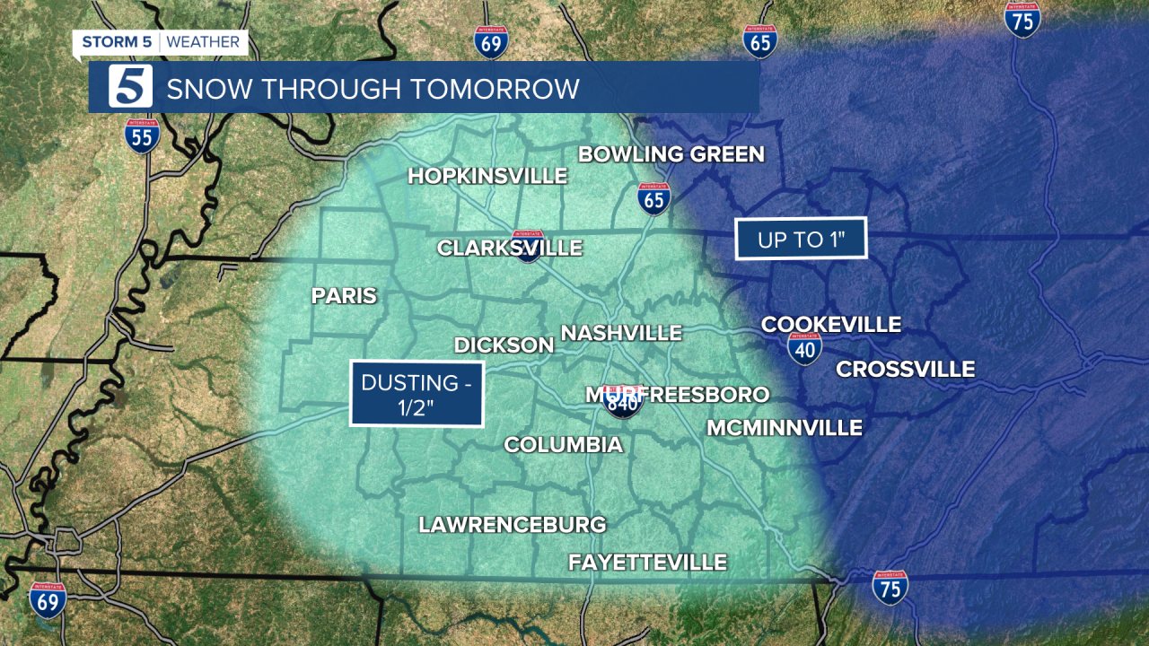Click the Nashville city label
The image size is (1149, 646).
(x=621, y=333)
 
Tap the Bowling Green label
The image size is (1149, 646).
(x=671, y=154)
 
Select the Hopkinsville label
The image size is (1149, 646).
(x=487, y=176)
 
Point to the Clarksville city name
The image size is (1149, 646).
(x=509, y=248)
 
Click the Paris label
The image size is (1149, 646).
(x=344, y=296)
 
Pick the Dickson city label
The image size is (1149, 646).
(x=504, y=345)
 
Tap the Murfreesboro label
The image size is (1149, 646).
(x=677, y=395)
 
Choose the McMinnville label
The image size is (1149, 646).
(x=784, y=428)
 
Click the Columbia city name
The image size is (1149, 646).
(x=563, y=444)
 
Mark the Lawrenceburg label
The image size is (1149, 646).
(x=512, y=525)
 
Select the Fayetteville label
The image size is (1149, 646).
(x=646, y=563)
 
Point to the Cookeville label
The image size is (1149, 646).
(x=830, y=325)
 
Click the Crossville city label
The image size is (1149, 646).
(x=905, y=369)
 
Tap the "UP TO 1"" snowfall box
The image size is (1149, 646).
(x=801, y=239)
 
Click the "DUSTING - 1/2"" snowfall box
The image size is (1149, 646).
(x=417, y=394)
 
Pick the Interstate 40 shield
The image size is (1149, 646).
(x=805, y=348)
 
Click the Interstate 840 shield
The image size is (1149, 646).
(x=623, y=403)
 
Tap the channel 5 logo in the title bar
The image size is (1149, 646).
(x=131, y=87)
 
